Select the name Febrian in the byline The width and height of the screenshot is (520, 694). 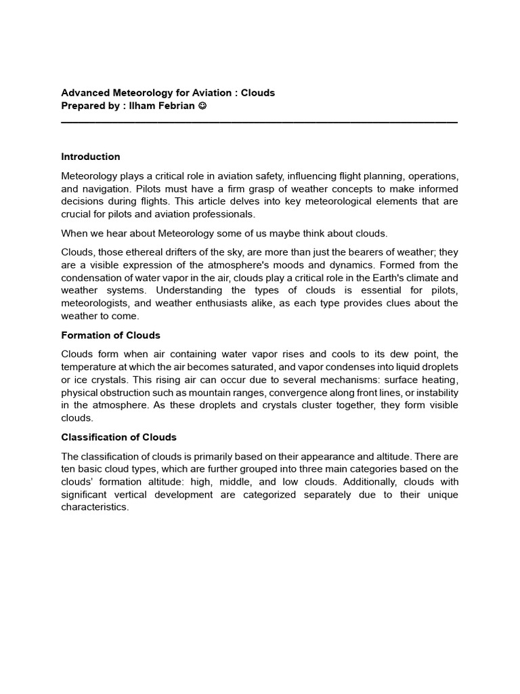(177, 106)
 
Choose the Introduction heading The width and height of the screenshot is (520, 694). (91, 157)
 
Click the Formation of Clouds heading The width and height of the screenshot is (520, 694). (110, 335)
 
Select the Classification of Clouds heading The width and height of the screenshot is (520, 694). (118, 437)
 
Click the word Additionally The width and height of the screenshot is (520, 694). (352, 482)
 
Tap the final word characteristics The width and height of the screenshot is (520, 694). (94, 508)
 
